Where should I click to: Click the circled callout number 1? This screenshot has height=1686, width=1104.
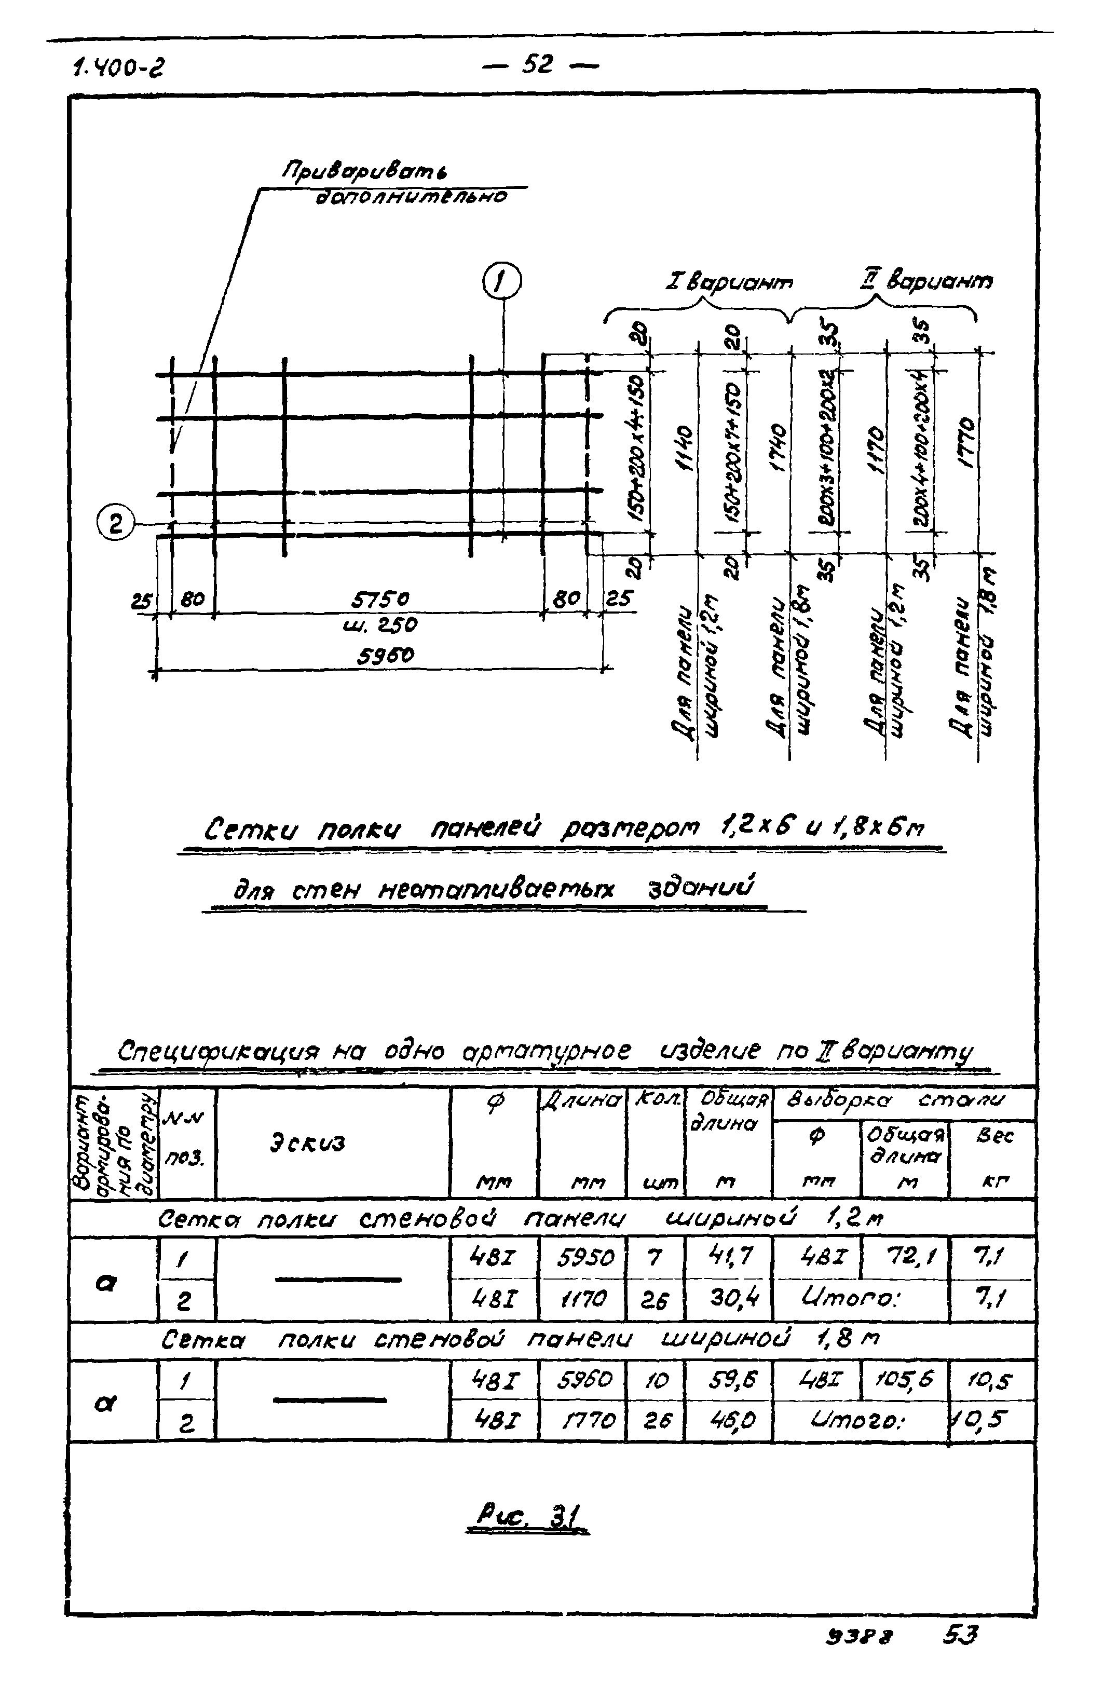[x=501, y=281]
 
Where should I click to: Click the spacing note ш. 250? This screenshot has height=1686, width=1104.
[x=379, y=625]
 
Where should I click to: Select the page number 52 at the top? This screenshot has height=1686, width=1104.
[x=538, y=65]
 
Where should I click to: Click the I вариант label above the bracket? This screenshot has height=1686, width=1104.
[x=729, y=282]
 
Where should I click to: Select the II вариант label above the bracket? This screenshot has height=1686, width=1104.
[x=925, y=280]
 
